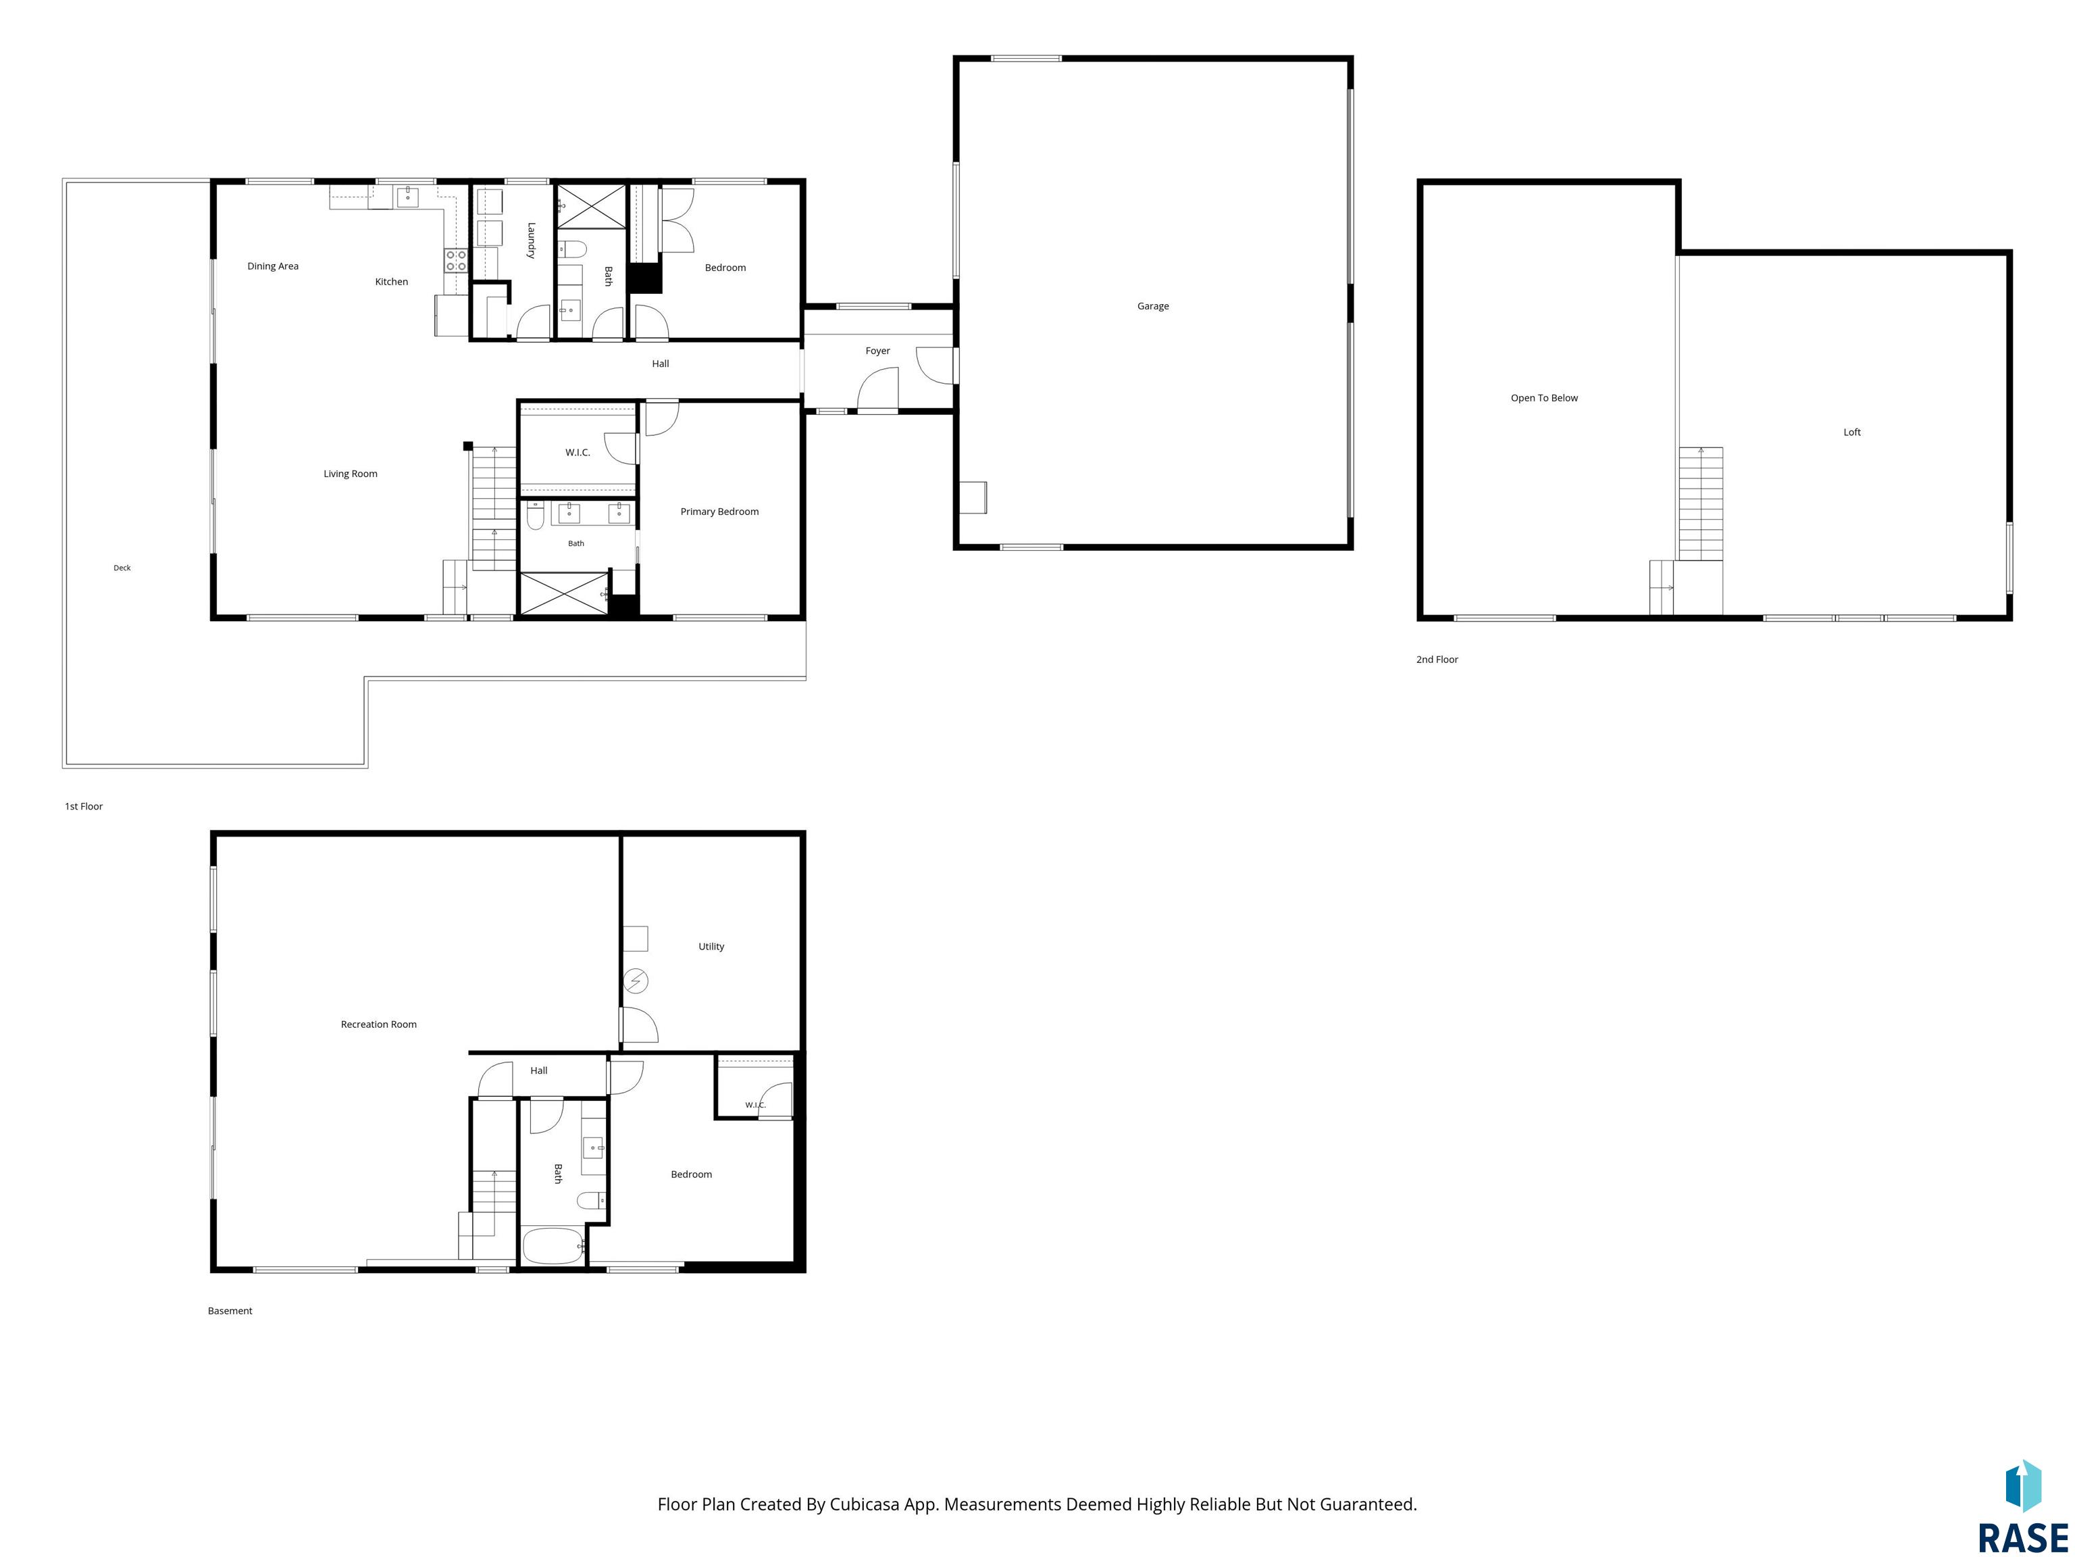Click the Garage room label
tap(1153, 306)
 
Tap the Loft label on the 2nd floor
tap(1851, 432)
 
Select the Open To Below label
tap(1544, 398)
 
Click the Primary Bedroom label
tap(719, 512)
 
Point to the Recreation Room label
tap(378, 1024)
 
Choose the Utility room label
tap(711, 946)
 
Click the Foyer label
tap(877, 351)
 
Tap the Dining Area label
tap(273, 266)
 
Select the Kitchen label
tap(391, 282)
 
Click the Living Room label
tap(350, 474)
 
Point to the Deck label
tap(122, 568)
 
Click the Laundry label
tap(531, 241)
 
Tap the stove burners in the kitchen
tap(456, 261)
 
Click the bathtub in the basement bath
tap(553, 1246)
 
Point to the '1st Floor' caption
tap(84, 806)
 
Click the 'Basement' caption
tap(230, 1311)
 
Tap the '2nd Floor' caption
tap(1437, 660)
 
